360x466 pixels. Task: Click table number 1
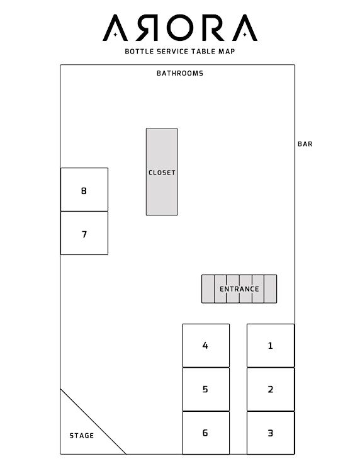pos(271,346)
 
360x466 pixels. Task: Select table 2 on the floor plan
pos(271,389)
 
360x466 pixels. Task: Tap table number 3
pos(271,433)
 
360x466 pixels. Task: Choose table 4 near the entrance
pos(206,346)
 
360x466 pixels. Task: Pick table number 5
pos(206,389)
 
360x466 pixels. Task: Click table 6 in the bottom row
pos(206,433)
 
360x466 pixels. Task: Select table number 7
pos(84,233)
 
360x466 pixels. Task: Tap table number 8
pos(84,190)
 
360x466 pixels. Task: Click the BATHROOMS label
pos(180,73)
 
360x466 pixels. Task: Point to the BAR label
pos(305,144)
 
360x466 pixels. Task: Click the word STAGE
pos(82,436)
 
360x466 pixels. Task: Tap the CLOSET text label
pos(162,173)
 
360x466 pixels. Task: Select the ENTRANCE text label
pos(239,289)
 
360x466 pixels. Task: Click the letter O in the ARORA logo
pos(180,28)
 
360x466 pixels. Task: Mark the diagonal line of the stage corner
pos(93,421)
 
